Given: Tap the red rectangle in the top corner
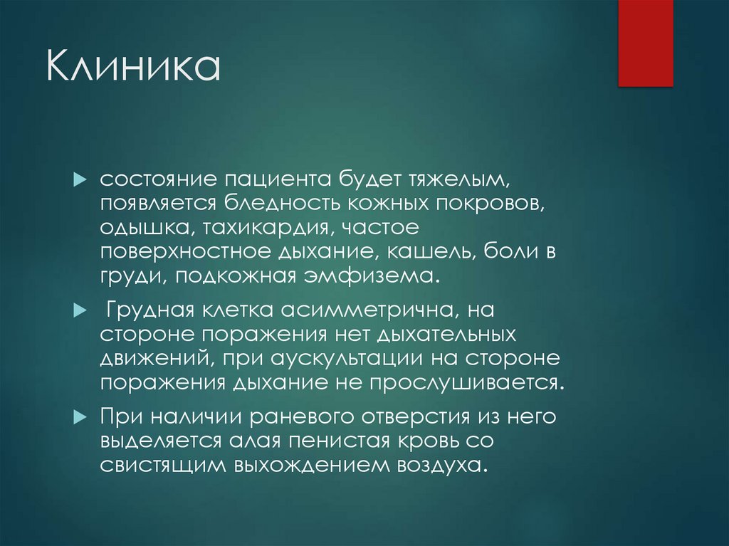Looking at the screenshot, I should [645, 43].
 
